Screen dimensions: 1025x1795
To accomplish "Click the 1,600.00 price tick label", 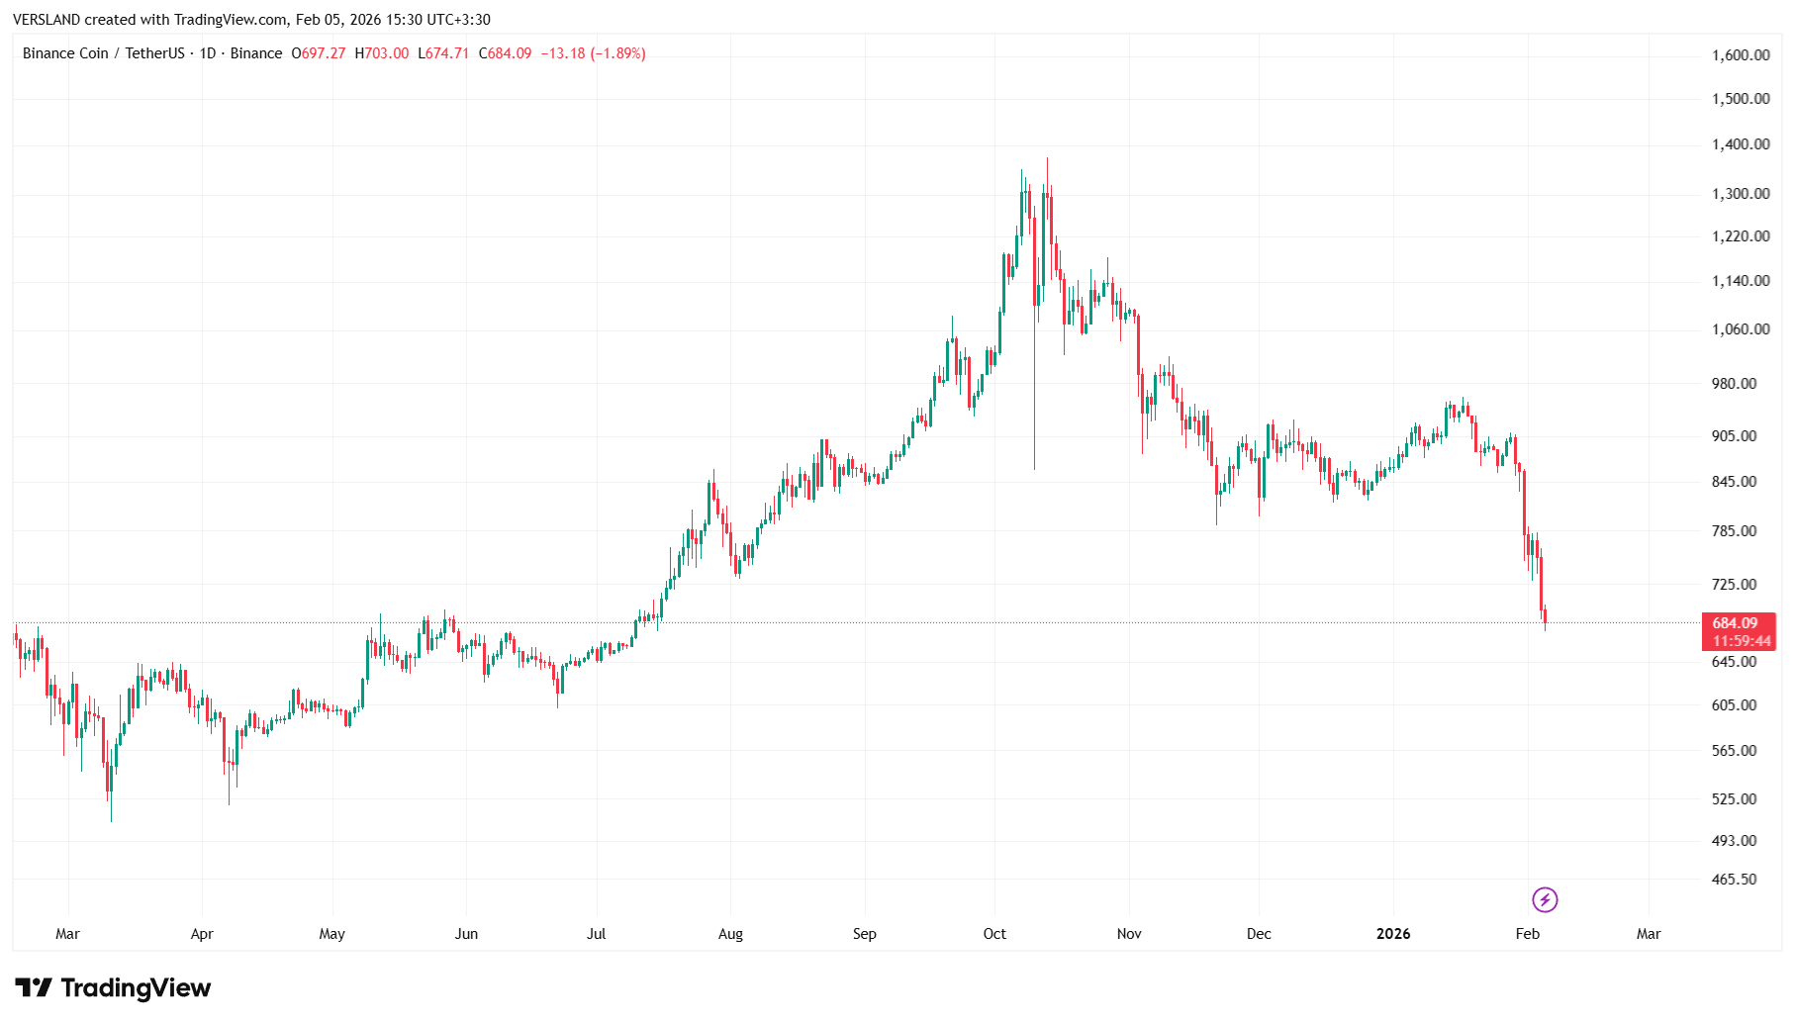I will click(1741, 55).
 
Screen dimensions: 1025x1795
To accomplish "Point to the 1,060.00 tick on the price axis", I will click(1741, 329).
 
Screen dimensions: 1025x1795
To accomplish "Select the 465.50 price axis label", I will click(1735, 880).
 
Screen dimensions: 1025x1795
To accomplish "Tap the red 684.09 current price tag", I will click(1736, 623).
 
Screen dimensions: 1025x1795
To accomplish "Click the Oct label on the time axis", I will click(994, 934).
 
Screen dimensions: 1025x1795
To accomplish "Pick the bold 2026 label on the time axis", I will click(1393, 934).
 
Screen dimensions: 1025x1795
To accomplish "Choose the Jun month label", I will click(466, 934).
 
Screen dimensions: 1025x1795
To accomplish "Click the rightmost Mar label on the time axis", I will click(1649, 934).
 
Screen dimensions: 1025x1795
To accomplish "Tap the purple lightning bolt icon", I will click(1545, 899).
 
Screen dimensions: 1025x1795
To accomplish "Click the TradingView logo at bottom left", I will click(113, 987).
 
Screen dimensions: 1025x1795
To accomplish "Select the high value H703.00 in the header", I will click(382, 53).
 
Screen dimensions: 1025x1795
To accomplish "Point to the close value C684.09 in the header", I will click(505, 53).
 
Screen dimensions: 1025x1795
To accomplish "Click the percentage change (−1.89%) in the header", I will click(617, 53).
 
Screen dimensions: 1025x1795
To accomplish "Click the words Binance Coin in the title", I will click(65, 53).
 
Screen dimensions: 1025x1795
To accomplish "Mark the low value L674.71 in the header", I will click(443, 53).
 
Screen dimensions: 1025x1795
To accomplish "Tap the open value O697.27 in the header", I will click(319, 53).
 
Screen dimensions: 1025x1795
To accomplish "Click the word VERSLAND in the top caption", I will click(47, 20).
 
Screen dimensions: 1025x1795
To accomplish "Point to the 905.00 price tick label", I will click(1735, 436).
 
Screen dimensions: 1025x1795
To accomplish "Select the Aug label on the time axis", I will click(730, 934).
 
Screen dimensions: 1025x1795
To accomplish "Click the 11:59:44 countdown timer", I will click(1742, 641).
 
